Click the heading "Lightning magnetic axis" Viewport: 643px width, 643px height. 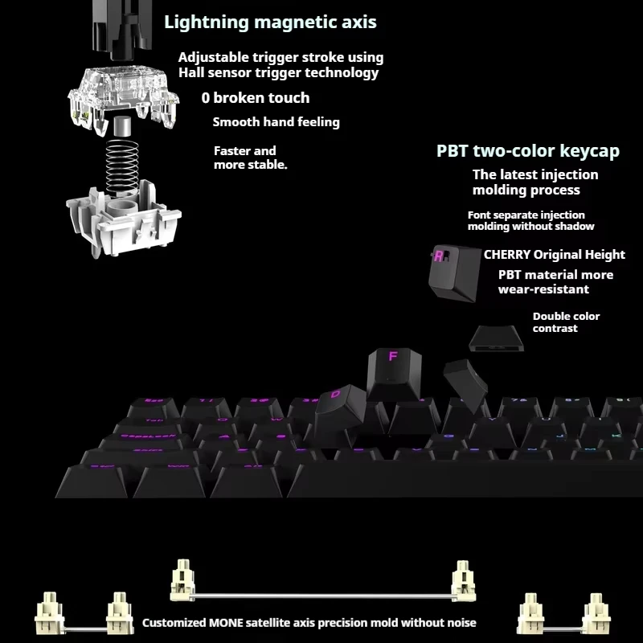270,22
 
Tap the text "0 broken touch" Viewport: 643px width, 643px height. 255,98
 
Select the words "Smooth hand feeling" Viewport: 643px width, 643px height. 276,122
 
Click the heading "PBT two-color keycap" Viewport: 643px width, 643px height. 528,150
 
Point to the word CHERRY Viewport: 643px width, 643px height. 507,255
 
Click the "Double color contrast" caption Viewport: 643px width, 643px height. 566,322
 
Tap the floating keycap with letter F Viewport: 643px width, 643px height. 393,371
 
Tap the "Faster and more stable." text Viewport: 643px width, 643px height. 250,158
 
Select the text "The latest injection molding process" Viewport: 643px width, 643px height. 534,182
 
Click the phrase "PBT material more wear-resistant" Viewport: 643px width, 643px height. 555,282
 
